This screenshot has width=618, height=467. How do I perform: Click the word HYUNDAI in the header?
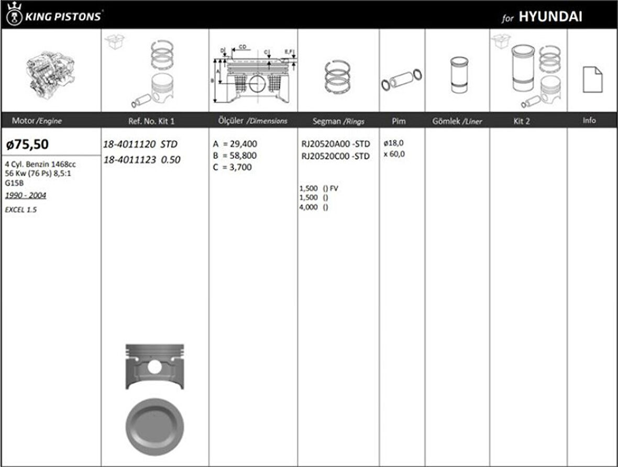[550, 16]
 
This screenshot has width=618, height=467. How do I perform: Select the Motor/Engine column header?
[37, 121]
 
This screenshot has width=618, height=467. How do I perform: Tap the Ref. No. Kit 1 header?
[151, 121]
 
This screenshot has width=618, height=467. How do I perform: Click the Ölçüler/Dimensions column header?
[252, 121]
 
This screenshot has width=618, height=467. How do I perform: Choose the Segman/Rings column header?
[338, 121]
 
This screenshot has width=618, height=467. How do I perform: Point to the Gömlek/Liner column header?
[457, 121]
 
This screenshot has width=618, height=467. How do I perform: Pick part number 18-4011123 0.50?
[141, 160]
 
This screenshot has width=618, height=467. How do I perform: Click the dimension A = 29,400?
[235, 144]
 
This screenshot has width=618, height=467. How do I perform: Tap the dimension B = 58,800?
[235, 156]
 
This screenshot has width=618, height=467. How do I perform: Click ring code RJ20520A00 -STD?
[335, 144]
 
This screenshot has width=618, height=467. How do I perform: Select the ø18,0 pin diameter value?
[393, 143]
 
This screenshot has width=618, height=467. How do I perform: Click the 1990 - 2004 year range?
[26, 196]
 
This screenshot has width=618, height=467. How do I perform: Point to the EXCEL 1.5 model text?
[21, 209]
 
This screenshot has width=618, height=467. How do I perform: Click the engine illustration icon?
[50, 73]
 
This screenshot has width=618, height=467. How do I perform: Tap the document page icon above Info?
[592, 80]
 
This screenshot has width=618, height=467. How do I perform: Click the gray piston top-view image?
[154, 427]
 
